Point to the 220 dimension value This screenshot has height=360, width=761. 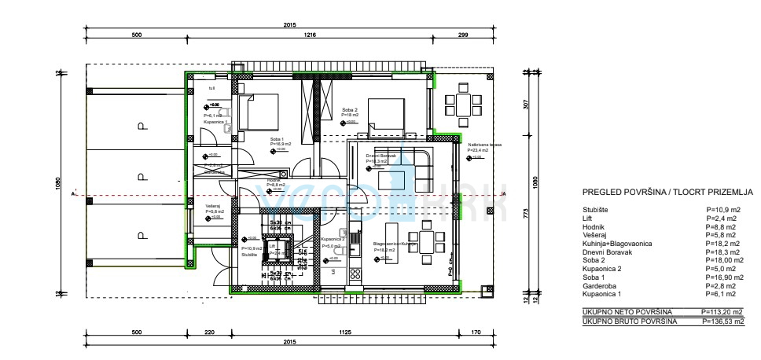coord(208,332)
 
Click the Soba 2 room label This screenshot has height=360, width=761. coord(350,110)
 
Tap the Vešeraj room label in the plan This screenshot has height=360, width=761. coord(212,206)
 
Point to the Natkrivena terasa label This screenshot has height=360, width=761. coord(484,145)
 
